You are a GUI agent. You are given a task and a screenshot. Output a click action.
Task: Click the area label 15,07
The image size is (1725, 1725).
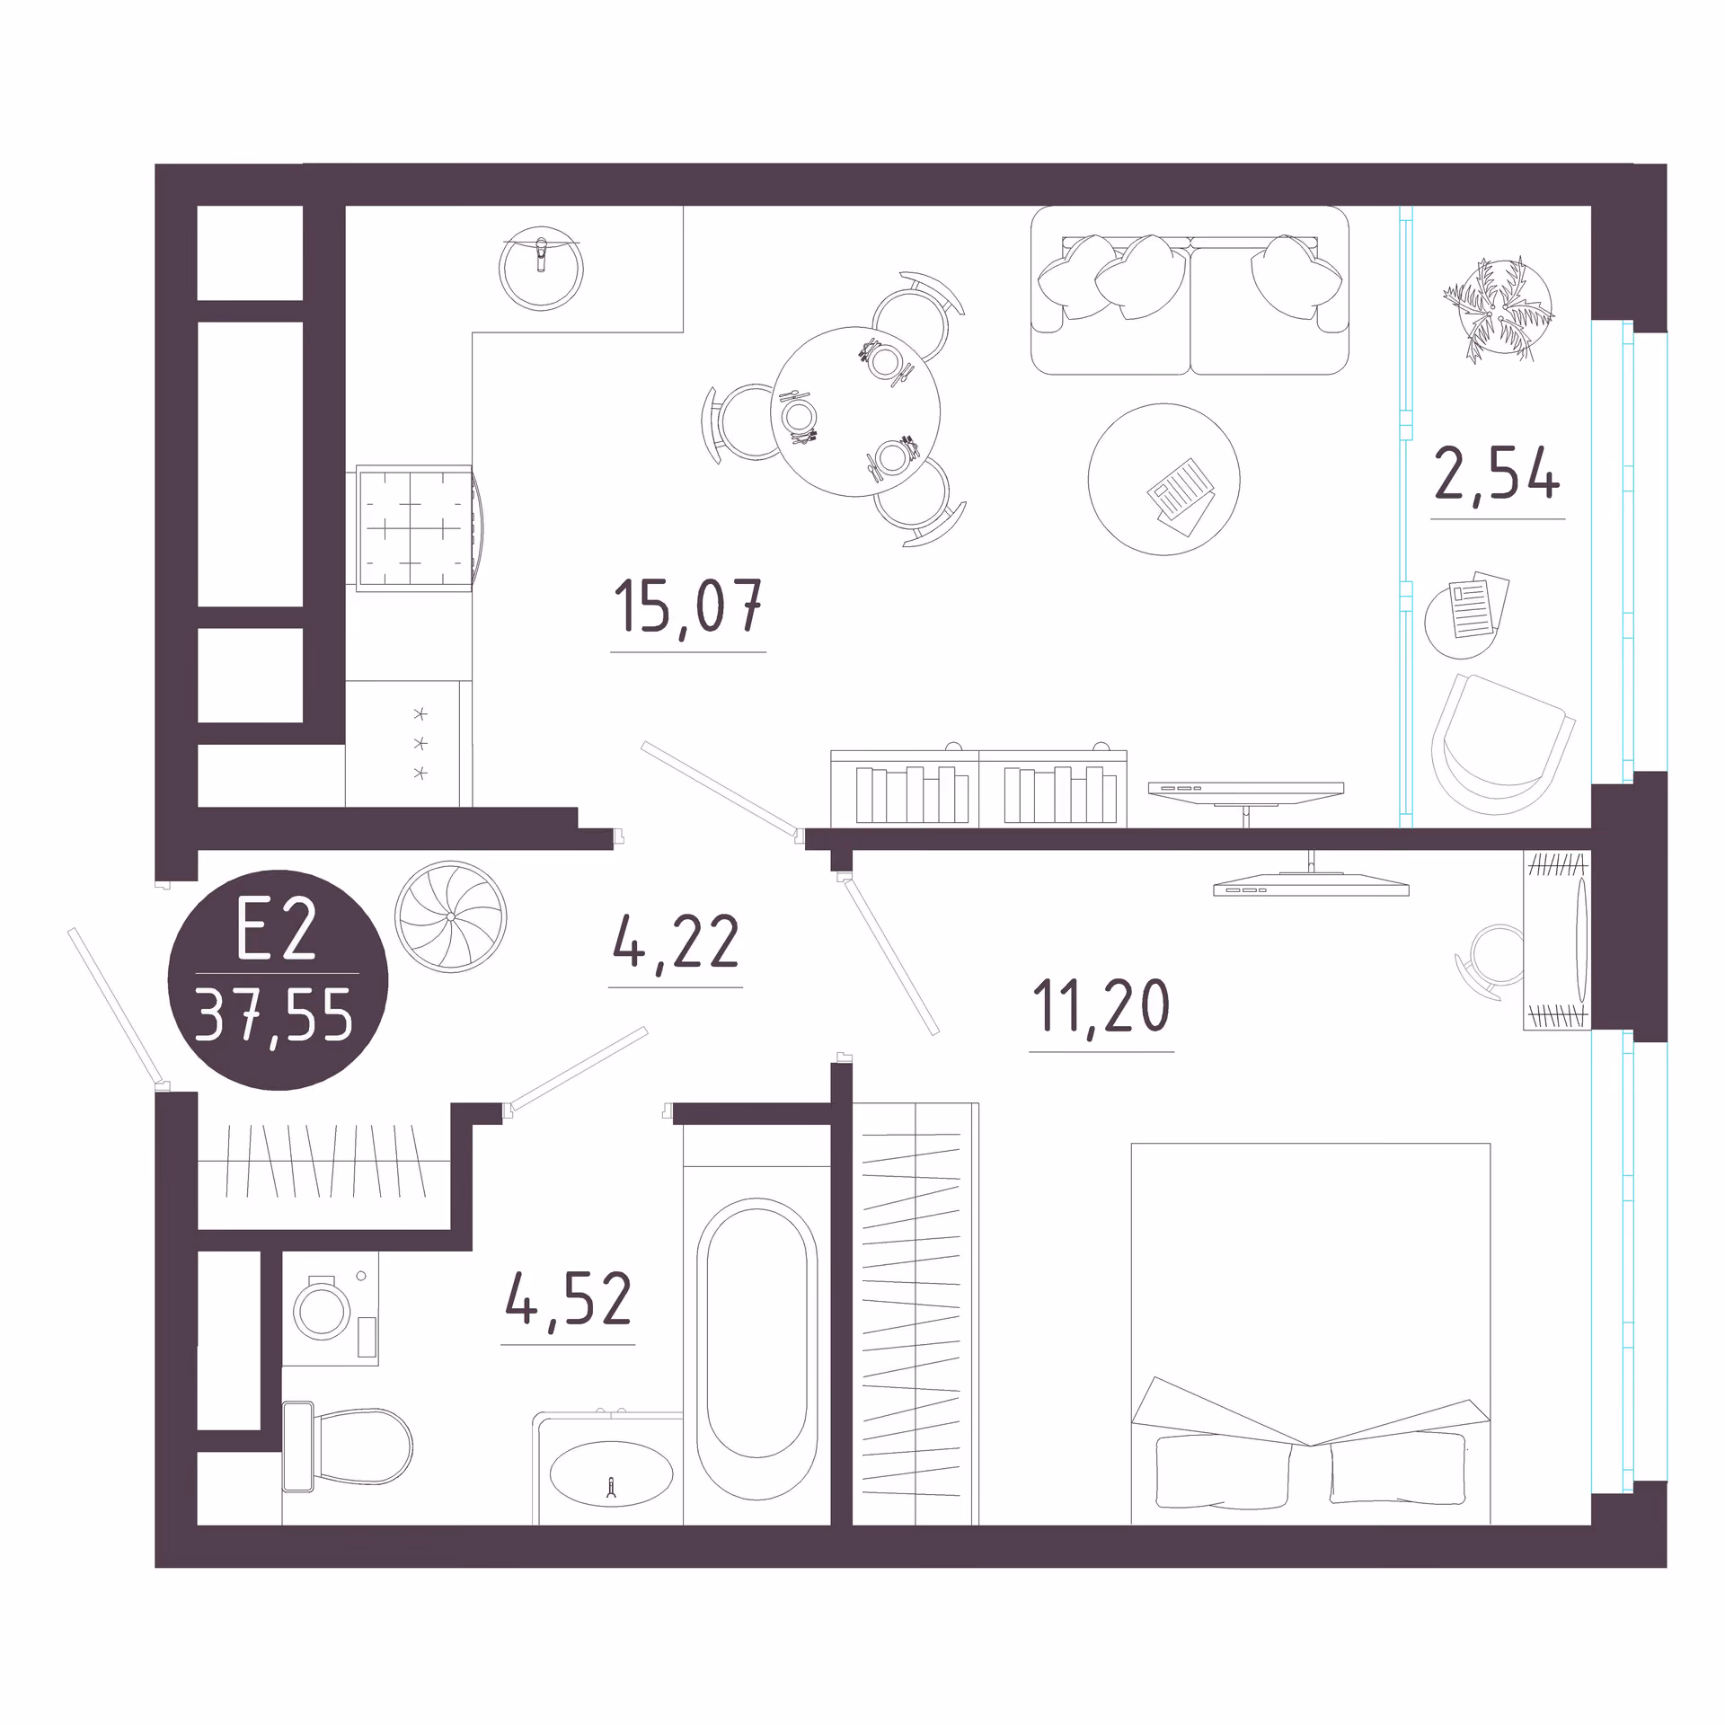[x=688, y=606]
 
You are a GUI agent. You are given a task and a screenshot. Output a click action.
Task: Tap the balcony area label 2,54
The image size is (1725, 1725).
[x=1497, y=473]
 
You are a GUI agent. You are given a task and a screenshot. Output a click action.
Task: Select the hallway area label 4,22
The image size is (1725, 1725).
[x=676, y=942]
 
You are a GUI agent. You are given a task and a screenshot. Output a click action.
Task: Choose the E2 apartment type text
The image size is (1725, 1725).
[x=276, y=930]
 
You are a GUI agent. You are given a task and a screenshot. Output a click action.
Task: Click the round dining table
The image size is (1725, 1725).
[x=854, y=411]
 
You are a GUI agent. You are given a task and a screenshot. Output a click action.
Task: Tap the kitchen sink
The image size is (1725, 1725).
[x=541, y=269]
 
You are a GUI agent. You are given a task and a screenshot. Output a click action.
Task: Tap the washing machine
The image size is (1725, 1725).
[x=330, y=1309]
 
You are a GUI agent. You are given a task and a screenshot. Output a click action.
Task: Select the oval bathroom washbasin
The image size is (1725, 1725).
[x=611, y=1474]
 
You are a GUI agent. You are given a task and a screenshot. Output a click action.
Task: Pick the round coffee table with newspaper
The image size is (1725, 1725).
[x=1163, y=479]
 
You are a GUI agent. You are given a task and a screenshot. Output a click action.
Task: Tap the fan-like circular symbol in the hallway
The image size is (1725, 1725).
[x=450, y=916]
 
